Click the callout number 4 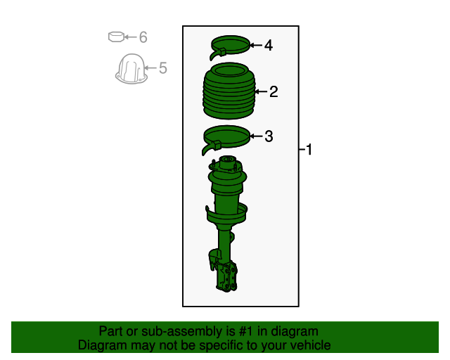point(269,46)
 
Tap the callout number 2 point(274,91)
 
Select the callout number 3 point(269,136)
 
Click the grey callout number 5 point(163,68)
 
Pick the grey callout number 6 point(143,37)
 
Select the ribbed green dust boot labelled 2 point(228,92)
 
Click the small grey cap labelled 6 point(116,37)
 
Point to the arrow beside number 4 point(256,46)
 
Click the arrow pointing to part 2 point(259,91)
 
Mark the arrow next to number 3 point(256,136)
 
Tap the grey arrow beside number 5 point(150,68)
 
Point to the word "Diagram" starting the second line point(103,345)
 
